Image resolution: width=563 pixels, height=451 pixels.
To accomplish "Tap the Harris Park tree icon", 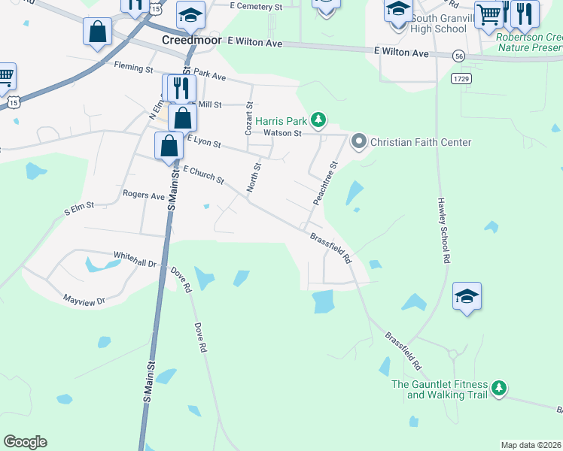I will point(319,120).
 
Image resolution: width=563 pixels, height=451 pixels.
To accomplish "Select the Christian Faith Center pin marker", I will point(359,141).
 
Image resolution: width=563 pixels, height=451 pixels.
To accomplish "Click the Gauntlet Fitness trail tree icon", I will point(498,389).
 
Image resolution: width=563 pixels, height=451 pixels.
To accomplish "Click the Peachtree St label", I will point(325,183).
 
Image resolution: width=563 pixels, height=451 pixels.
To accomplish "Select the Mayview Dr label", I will point(84,299).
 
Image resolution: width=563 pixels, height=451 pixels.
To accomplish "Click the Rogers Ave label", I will point(143,195).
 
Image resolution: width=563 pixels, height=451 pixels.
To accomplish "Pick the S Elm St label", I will point(78,205).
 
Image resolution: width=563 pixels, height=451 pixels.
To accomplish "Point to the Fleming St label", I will point(133,67).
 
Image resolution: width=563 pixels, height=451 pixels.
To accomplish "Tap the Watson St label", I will point(282,133).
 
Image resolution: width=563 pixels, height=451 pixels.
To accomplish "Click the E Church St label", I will point(203,175).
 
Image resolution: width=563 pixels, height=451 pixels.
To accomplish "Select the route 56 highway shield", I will point(458,56).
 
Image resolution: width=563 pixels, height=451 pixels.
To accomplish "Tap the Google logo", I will point(25,442).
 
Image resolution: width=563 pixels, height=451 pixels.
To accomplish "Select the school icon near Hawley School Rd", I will point(467,296).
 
